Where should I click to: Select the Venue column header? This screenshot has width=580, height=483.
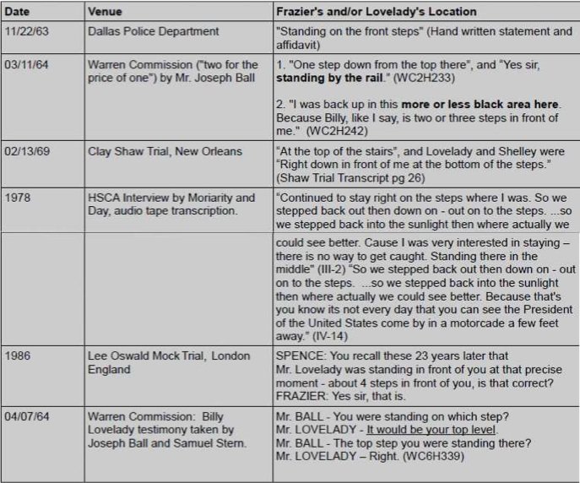click(x=105, y=12)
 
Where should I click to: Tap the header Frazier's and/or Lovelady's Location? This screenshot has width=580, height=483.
click(x=376, y=12)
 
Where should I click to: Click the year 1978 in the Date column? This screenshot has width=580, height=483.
click(x=19, y=198)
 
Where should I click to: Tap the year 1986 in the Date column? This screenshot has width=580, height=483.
click(x=19, y=356)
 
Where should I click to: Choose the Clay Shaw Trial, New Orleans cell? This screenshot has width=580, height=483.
click(x=165, y=152)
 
